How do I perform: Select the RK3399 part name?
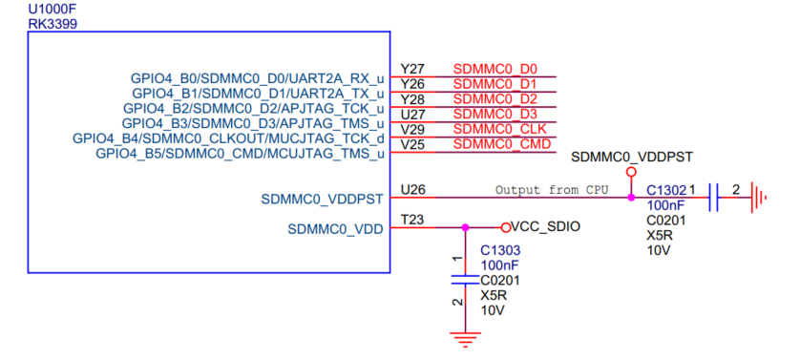53,24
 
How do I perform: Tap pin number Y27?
412,69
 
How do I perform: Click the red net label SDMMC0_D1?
495,83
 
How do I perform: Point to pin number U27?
412,114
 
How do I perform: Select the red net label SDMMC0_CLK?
499,129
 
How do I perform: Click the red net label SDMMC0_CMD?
502,144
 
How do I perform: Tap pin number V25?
412,144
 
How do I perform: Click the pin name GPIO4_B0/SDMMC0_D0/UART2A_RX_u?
257,78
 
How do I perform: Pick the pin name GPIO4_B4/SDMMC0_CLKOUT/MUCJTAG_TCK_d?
228,138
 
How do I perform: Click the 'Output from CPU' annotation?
552,190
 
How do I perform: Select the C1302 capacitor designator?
666,190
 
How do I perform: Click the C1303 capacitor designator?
500,251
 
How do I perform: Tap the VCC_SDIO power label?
545,226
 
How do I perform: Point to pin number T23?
411,220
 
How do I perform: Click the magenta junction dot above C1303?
464,227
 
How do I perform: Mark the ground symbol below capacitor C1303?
465,340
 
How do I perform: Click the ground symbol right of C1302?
758,198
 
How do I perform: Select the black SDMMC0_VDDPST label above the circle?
632,157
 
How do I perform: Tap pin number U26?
412,190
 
